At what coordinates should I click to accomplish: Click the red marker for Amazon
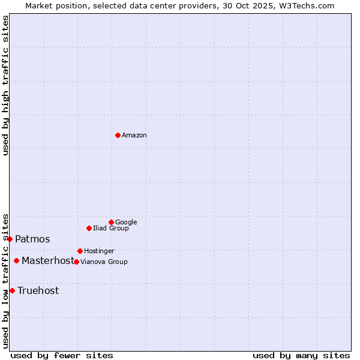tap(118, 135)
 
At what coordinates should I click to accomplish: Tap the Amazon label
tap(134, 136)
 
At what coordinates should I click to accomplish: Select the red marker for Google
tap(111, 222)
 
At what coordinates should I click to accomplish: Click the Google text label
tap(126, 223)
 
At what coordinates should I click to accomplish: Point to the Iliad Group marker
tap(89, 228)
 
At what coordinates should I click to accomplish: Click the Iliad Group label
tap(111, 229)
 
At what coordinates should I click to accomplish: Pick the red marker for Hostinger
tap(80, 251)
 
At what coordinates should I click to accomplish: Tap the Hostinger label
tap(99, 251)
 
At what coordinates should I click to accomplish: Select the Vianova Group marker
tap(76, 262)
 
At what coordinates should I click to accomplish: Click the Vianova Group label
tap(104, 262)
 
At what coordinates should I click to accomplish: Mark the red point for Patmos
tap(10, 239)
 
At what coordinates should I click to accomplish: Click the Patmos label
tap(32, 239)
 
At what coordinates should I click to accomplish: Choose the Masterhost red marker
tap(16, 260)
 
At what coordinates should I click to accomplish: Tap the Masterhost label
tap(48, 261)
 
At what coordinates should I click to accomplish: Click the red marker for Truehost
tap(12, 290)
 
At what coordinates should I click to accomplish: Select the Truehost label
tap(38, 291)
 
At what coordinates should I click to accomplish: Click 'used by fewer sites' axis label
tap(62, 355)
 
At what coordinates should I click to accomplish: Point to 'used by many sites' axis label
tap(301, 355)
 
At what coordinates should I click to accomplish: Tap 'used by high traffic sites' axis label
tap(5, 85)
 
